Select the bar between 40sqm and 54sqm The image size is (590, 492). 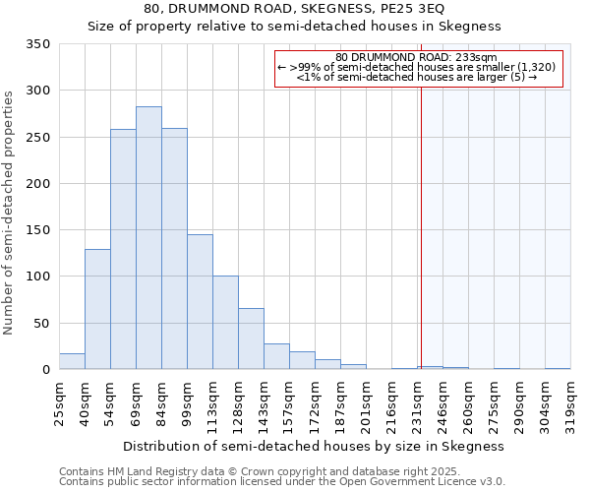(x=97, y=309)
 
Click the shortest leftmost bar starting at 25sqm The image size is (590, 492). (x=72, y=361)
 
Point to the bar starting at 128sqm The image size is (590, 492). (x=251, y=339)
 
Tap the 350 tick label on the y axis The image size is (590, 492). (x=37, y=44)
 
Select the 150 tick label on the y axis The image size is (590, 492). (x=37, y=230)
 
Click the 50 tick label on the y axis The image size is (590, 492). (x=41, y=323)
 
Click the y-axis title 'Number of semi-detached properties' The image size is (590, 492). (x=9, y=212)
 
